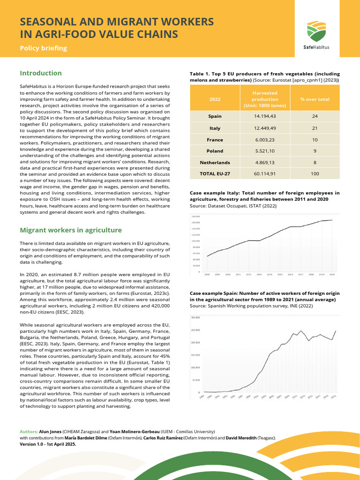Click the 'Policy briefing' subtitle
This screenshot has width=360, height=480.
(x=43, y=48)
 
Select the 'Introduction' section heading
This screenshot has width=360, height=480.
(x=40, y=73)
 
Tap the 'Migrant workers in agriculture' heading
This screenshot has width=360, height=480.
(x=70, y=230)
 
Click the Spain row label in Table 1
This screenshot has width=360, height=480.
(x=215, y=116)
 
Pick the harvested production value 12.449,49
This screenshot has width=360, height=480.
(x=265, y=128)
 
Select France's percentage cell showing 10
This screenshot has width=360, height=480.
(x=315, y=140)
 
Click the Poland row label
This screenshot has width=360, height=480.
(x=215, y=151)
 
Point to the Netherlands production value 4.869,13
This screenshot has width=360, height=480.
(x=265, y=163)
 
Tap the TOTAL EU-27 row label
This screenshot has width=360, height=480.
(x=215, y=174)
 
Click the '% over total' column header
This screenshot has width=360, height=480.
(x=315, y=99)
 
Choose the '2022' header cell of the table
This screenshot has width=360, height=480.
(x=215, y=99)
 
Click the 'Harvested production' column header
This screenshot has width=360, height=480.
(x=265, y=99)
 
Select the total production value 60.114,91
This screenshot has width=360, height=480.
(x=265, y=174)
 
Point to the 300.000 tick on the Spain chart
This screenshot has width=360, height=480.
(x=195, y=317)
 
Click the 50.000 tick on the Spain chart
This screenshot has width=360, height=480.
(x=196, y=380)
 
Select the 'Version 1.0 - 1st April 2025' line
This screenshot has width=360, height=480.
(x=47, y=443)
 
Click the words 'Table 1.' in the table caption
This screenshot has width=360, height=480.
(x=200, y=74)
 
